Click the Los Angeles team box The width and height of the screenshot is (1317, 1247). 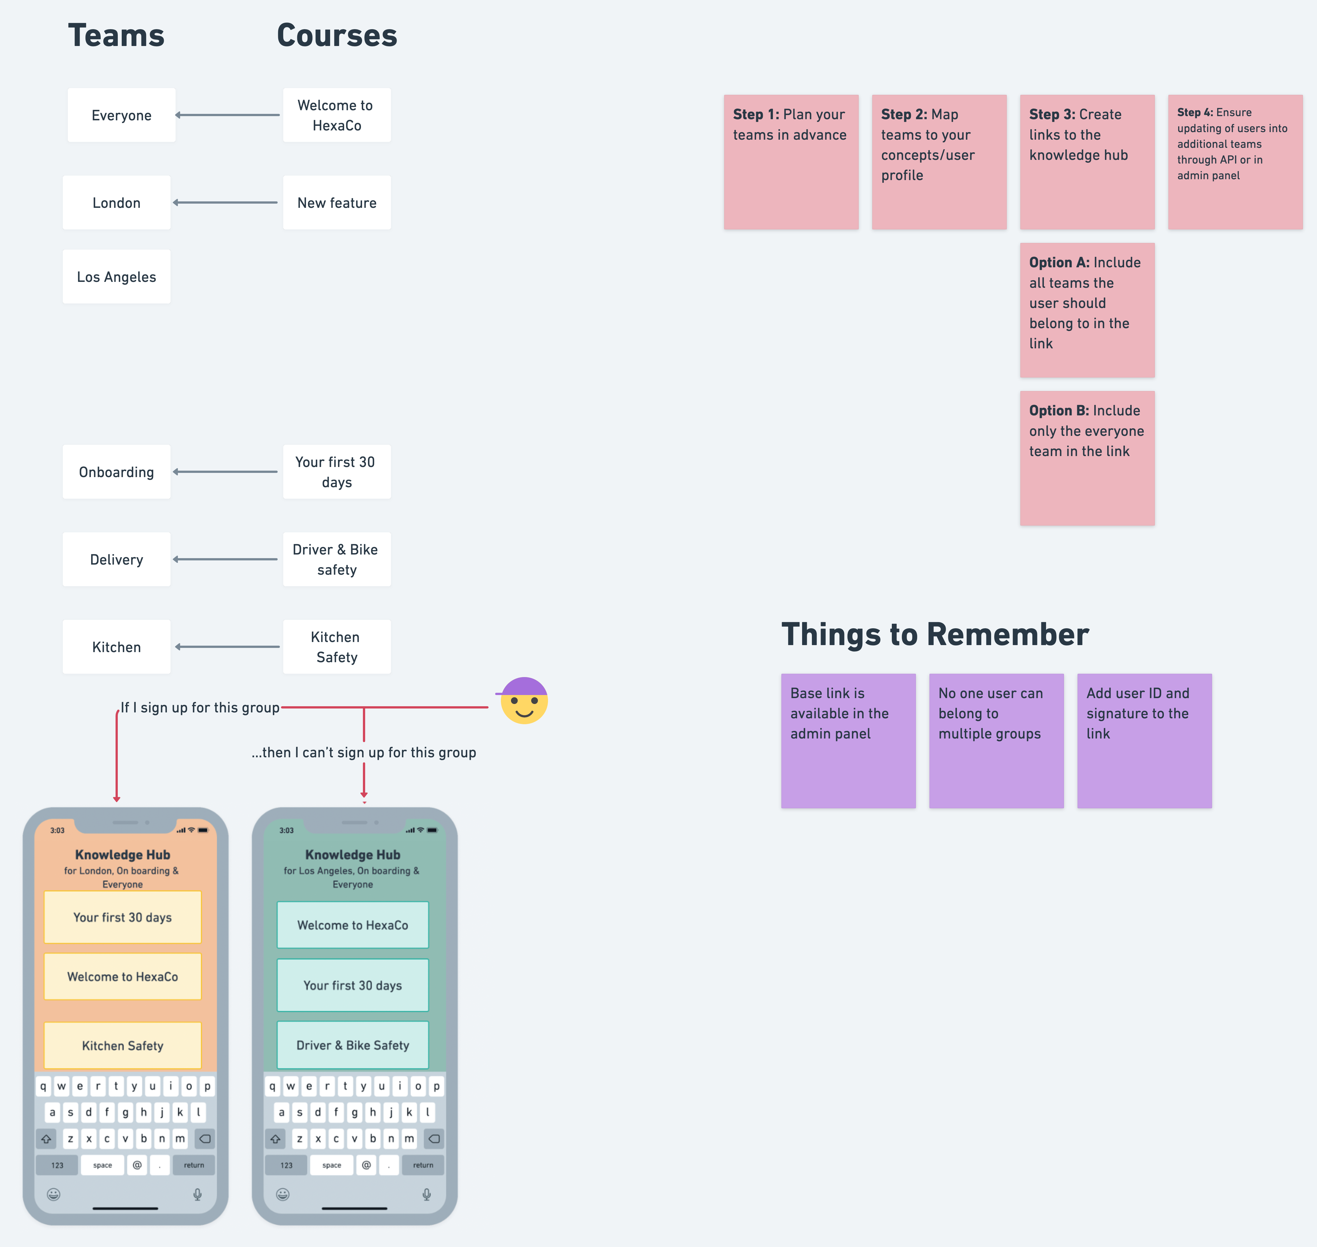coord(116,277)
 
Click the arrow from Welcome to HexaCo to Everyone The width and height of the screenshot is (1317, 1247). coord(227,115)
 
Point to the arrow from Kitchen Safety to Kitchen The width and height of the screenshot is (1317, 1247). coord(227,647)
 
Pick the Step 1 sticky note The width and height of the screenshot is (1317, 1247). coord(791,162)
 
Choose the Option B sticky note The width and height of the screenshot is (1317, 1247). coord(1087,458)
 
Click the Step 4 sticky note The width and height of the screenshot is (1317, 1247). coord(1235,162)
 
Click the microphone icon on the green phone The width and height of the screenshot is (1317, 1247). coord(427,1195)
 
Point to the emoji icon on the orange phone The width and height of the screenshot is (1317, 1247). coord(54,1195)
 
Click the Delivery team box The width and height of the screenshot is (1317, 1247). coord(116,560)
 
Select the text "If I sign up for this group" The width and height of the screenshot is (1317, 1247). coord(199,707)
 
